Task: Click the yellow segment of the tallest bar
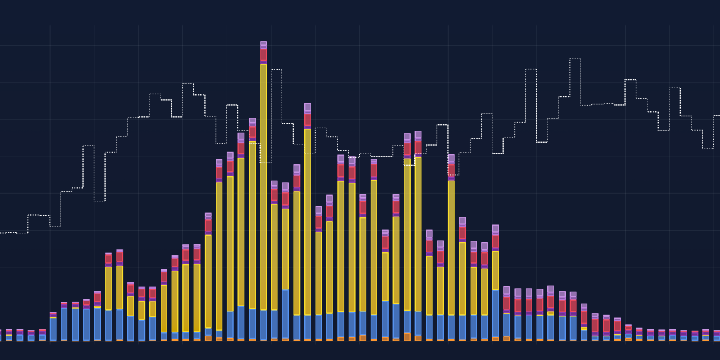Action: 263,187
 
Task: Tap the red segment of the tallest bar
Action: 263,55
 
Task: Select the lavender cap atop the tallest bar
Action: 263,44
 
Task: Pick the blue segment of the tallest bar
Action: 263,324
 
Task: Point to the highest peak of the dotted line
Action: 575,58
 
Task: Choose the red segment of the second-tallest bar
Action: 307,119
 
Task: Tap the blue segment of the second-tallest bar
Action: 307,327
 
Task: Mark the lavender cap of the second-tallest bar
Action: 307,107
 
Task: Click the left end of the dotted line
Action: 1,233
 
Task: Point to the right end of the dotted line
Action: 719,116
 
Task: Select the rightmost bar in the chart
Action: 717,336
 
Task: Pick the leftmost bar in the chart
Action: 0,336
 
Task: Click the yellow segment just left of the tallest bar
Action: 252,225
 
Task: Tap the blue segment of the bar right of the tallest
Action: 274,325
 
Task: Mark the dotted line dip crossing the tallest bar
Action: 263,162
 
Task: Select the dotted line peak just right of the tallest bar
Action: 276,69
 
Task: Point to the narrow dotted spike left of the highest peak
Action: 531,69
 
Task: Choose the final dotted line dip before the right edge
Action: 707,148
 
